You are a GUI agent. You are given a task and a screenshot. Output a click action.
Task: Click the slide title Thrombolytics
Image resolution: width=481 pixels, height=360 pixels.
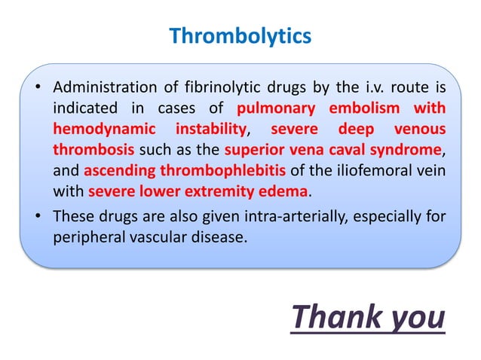pyautogui.click(x=240, y=35)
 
